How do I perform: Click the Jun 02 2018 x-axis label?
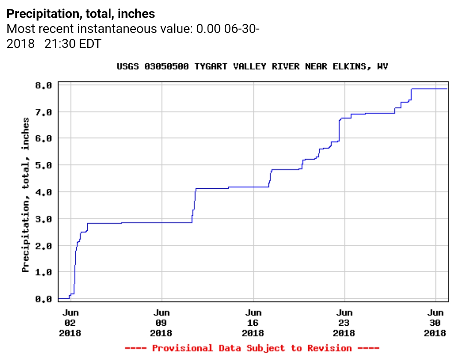70,323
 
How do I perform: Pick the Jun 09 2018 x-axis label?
161,323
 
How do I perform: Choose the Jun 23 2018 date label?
344,323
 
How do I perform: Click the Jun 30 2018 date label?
435,323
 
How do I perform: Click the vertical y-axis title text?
26,195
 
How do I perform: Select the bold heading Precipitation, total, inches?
81,14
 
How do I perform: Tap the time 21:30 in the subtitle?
60,44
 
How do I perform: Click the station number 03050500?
167,67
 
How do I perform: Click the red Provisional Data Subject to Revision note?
252,348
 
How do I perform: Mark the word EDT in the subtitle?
90,44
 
